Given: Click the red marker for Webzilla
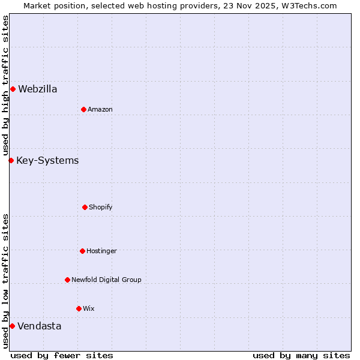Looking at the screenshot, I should click(13, 89).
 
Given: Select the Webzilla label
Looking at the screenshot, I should click(38, 89).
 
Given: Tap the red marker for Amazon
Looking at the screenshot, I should click(83, 109).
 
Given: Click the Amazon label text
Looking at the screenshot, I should click(100, 109).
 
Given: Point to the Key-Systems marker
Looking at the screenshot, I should click(11, 160).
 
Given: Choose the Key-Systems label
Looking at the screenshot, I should click(47, 161).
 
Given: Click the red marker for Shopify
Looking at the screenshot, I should click(85, 207).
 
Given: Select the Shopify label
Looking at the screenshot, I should click(101, 208).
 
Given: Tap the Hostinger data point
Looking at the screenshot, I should click(82, 251).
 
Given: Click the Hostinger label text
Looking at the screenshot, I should click(101, 251).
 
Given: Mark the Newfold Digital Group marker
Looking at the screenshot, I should click(67, 280).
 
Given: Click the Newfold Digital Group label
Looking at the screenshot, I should click(106, 280).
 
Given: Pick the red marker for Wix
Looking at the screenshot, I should click(79, 308).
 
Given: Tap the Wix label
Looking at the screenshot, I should click(89, 308).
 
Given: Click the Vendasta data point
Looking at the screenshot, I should click(12, 326).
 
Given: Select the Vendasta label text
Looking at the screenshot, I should click(39, 326).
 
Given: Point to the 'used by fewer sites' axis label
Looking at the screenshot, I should click(62, 355).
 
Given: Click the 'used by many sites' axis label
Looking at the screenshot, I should click(301, 355).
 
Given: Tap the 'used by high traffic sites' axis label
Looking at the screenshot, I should click(5, 86).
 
